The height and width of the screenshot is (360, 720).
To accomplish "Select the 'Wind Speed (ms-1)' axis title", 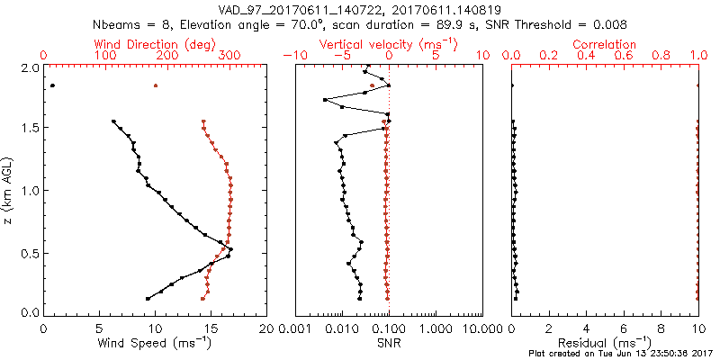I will [155, 342].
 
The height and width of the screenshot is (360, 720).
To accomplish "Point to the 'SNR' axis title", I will [389, 342].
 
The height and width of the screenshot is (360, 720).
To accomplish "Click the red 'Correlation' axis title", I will [605, 43].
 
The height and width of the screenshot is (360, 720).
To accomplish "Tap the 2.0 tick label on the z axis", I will [31, 67].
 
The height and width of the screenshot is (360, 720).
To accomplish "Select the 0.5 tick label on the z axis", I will [31, 253].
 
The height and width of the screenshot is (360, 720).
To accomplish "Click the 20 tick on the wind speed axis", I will [266, 328].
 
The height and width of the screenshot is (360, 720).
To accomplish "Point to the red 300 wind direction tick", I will [229, 56].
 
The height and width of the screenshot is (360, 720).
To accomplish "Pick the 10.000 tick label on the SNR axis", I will [481, 328].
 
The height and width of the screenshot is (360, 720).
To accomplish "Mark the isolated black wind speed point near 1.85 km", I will [52, 85].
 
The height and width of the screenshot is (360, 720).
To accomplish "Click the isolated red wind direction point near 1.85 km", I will [156, 85].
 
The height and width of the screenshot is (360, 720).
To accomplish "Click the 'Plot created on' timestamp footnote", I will [622, 354].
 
